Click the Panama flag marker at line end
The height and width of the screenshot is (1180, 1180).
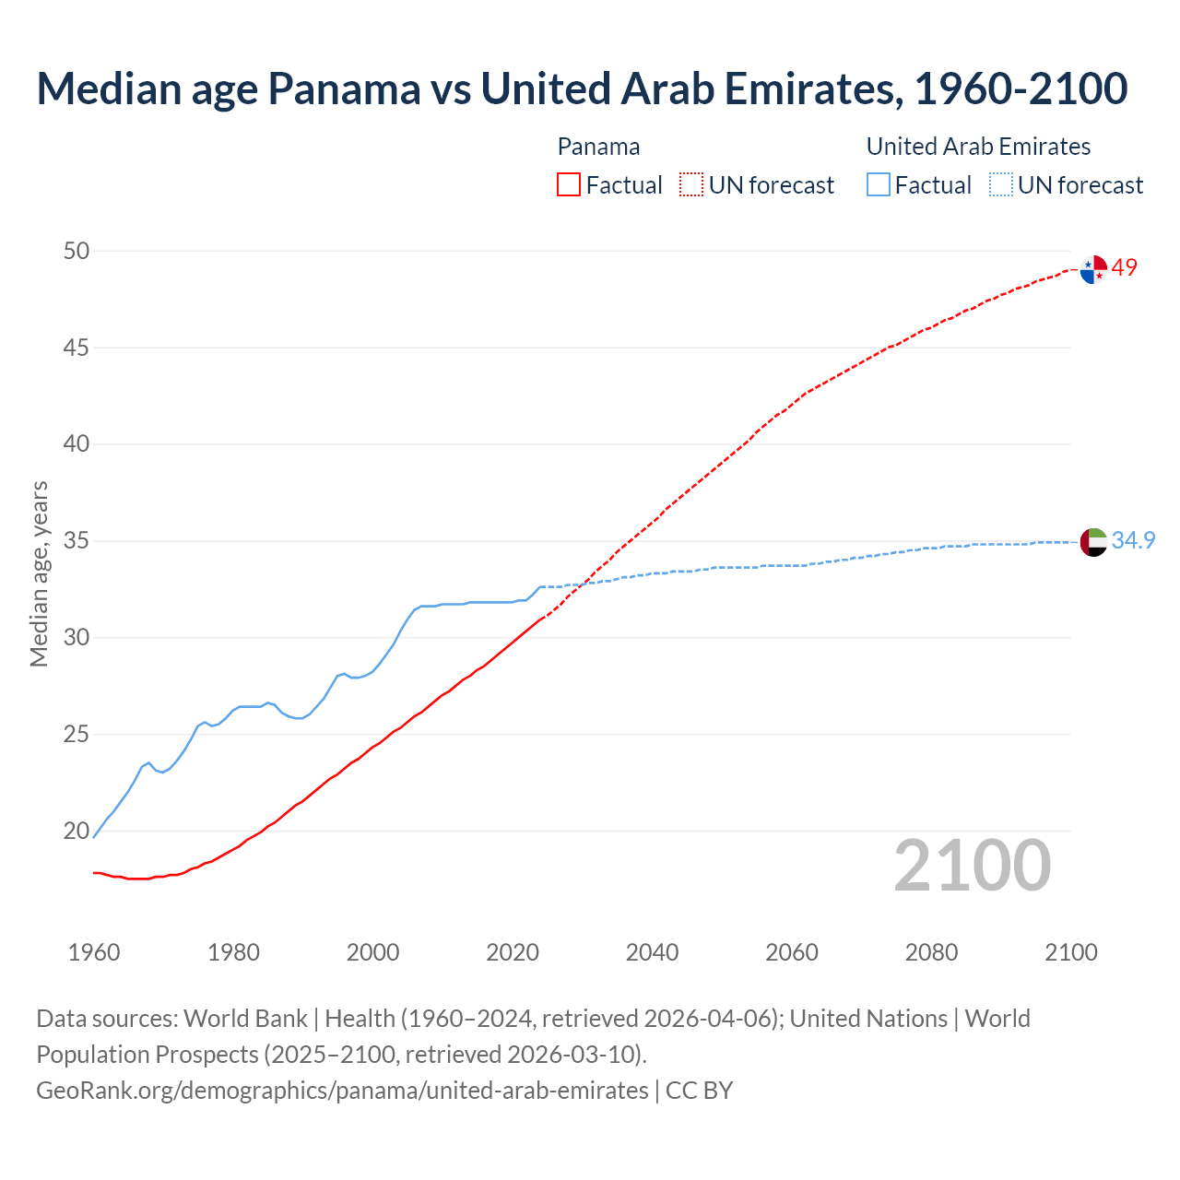1093,269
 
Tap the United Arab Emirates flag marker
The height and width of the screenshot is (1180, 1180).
1093,542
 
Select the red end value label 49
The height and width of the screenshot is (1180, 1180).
1125,267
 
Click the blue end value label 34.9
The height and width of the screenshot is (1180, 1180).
1133,540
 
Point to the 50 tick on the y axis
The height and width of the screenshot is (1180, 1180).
77,251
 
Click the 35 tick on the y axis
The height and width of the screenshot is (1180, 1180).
77,540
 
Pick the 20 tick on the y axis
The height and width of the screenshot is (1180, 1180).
77,831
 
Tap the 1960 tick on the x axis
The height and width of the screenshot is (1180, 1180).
94,952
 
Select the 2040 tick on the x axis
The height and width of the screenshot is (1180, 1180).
652,952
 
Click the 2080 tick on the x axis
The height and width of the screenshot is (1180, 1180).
931,952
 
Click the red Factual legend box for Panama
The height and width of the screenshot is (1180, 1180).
569,185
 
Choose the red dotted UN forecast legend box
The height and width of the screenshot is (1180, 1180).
691,185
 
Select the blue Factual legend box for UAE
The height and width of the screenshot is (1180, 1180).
879,185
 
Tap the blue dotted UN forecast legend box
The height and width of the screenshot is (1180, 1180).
1001,185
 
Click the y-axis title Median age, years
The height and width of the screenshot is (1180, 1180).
39,573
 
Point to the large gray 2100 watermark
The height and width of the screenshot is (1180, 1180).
972,865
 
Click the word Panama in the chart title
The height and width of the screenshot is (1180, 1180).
345,88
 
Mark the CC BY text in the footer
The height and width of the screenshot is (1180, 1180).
699,1090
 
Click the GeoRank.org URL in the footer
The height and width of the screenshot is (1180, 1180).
342,1090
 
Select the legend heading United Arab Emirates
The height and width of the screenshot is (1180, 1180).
978,147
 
